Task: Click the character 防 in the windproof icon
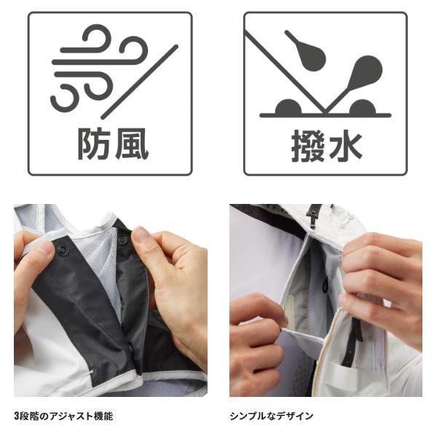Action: pyautogui.click(x=94, y=143)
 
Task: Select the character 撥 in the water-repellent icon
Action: pyautogui.click(x=308, y=146)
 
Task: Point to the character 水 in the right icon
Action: pyautogui.click(x=345, y=146)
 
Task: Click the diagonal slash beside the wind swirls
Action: pyautogui.click(x=139, y=82)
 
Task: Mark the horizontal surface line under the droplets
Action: pyautogui.click(x=326, y=115)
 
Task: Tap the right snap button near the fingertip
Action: pyautogui.click(x=122, y=240)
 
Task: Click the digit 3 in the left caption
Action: pyautogui.click(x=17, y=416)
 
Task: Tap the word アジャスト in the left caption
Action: pyautogui.click(x=71, y=416)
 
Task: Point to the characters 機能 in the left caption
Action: pyautogui.click(x=103, y=416)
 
